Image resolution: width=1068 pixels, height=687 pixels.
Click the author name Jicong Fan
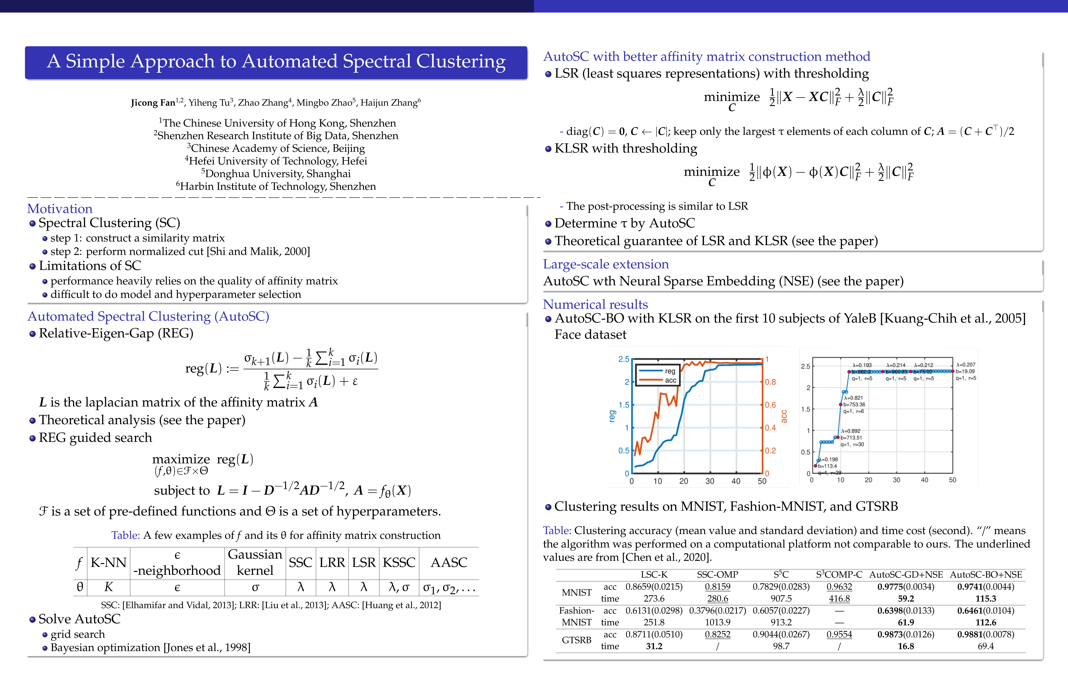click(153, 103)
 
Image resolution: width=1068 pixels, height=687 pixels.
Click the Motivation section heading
click(60, 209)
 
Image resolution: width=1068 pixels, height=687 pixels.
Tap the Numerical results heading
click(595, 304)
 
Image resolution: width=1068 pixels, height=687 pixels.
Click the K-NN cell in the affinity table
click(108, 562)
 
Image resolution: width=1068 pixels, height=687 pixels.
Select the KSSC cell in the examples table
click(399, 562)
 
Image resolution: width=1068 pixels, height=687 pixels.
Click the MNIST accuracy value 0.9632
click(839, 587)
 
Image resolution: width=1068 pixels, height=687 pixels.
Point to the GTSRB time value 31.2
click(654, 646)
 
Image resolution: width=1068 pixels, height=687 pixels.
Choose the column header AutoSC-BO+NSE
click(986, 575)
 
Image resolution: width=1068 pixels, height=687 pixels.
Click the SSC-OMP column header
click(717, 575)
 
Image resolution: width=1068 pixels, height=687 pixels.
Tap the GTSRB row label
click(576, 640)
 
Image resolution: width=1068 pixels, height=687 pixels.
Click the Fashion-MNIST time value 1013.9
click(717, 622)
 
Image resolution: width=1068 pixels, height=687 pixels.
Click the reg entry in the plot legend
click(670, 371)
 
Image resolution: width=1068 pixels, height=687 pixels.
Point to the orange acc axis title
click(784, 416)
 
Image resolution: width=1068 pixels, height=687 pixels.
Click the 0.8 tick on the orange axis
click(770, 382)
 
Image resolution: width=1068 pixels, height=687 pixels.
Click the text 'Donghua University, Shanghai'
click(278, 173)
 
